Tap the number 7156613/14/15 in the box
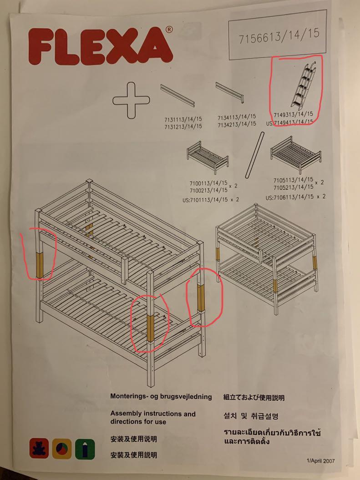(279, 36)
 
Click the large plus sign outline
(132, 101)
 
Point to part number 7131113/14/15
(183, 119)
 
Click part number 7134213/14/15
(237, 124)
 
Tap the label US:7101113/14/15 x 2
(211, 200)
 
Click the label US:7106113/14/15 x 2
(295, 197)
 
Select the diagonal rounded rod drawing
(255, 155)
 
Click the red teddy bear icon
(39, 448)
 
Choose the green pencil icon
(85, 449)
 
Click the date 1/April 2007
(320, 461)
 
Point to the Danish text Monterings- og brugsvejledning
(161, 397)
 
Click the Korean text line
(251, 416)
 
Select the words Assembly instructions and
(153, 414)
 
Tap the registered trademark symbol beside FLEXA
(169, 30)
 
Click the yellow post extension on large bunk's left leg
(40, 265)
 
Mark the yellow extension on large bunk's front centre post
(150, 328)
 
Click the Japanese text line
(254, 398)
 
